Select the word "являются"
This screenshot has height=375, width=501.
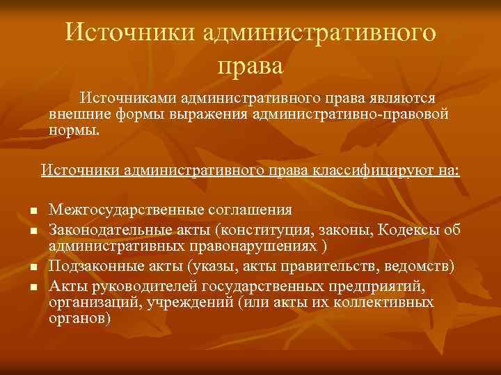click(x=410, y=98)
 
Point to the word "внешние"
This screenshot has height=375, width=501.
click(x=76, y=112)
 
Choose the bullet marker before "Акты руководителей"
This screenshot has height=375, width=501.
click(x=33, y=285)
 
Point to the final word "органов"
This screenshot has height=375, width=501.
click(x=78, y=319)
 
